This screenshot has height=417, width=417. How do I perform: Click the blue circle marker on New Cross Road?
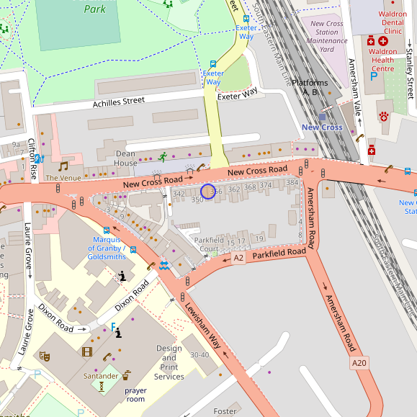(x=208, y=192)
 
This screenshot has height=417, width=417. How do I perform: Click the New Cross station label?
(x=322, y=127)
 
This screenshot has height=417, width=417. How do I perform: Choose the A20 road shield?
(x=359, y=363)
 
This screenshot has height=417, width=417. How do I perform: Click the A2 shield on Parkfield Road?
(x=237, y=256)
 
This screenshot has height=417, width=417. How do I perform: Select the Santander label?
(x=101, y=376)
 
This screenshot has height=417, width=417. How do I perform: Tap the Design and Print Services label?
(x=169, y=362)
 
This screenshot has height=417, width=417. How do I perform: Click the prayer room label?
(x=135, y=395)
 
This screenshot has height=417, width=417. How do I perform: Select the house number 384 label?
(x=292, y=183)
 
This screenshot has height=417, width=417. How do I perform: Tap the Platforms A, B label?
(x=310, y=87)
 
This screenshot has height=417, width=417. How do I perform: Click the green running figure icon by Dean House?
(x=163, y=156)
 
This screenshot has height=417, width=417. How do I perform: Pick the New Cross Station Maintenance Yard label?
(x=328, y=36)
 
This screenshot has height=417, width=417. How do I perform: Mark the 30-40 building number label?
(x=199, y=355)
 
